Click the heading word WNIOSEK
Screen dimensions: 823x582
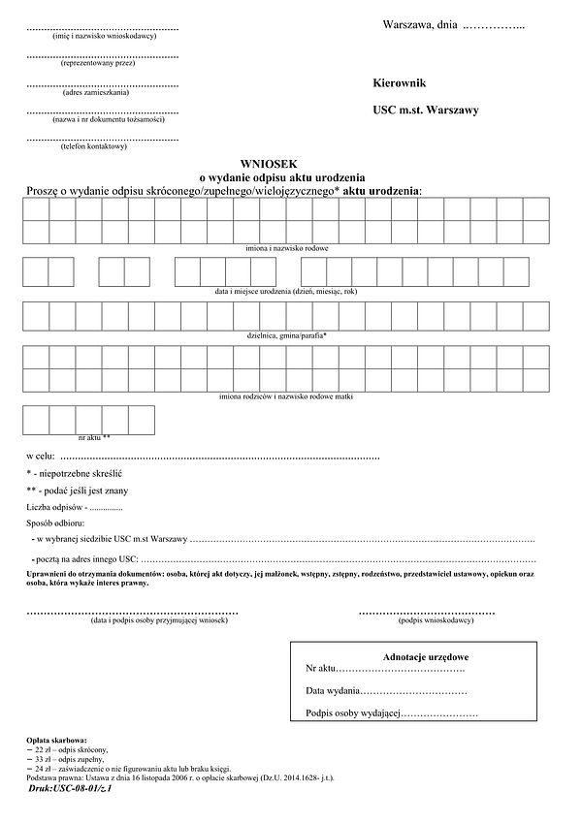(x=260, y=164)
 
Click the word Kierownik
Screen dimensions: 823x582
(x=400, y=84)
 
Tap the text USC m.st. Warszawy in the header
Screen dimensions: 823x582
(x=426, y=111)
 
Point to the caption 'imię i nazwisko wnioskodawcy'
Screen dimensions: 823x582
(x=102, y=36)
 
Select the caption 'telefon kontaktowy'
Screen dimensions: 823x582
(x=102, y=146)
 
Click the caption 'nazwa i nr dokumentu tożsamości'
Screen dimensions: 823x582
(x=102, y=119)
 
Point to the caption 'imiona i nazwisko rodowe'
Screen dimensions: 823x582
(x=287, y=248)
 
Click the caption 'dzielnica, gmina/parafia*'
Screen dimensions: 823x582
(x=287, y=334)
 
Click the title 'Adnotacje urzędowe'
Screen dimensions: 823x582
(x=426, y=656)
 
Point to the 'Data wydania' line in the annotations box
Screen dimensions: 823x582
(x=386, y=691)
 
